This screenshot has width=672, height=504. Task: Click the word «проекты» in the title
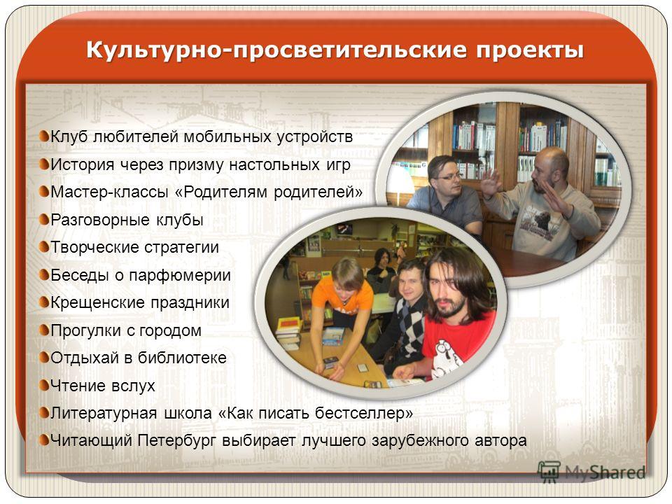pos(530,50)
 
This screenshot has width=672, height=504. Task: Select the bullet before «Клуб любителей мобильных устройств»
pos(43,136)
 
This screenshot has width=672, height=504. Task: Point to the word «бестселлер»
pos(364,413)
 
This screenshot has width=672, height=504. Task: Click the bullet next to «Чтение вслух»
pos(43,385)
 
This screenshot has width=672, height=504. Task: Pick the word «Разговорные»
pos(100,220)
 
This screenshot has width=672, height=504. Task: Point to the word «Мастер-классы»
pos(109,192)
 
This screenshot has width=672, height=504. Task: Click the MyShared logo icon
pos(549,472)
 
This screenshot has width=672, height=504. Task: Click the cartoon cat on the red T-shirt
pos(447,358)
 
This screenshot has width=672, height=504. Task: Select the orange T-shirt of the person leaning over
pos(342,295)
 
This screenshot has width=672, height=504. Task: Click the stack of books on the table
pos(288,332)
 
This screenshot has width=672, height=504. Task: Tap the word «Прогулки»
pos(85,330)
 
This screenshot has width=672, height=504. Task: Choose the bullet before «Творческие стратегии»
pos(43,247)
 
